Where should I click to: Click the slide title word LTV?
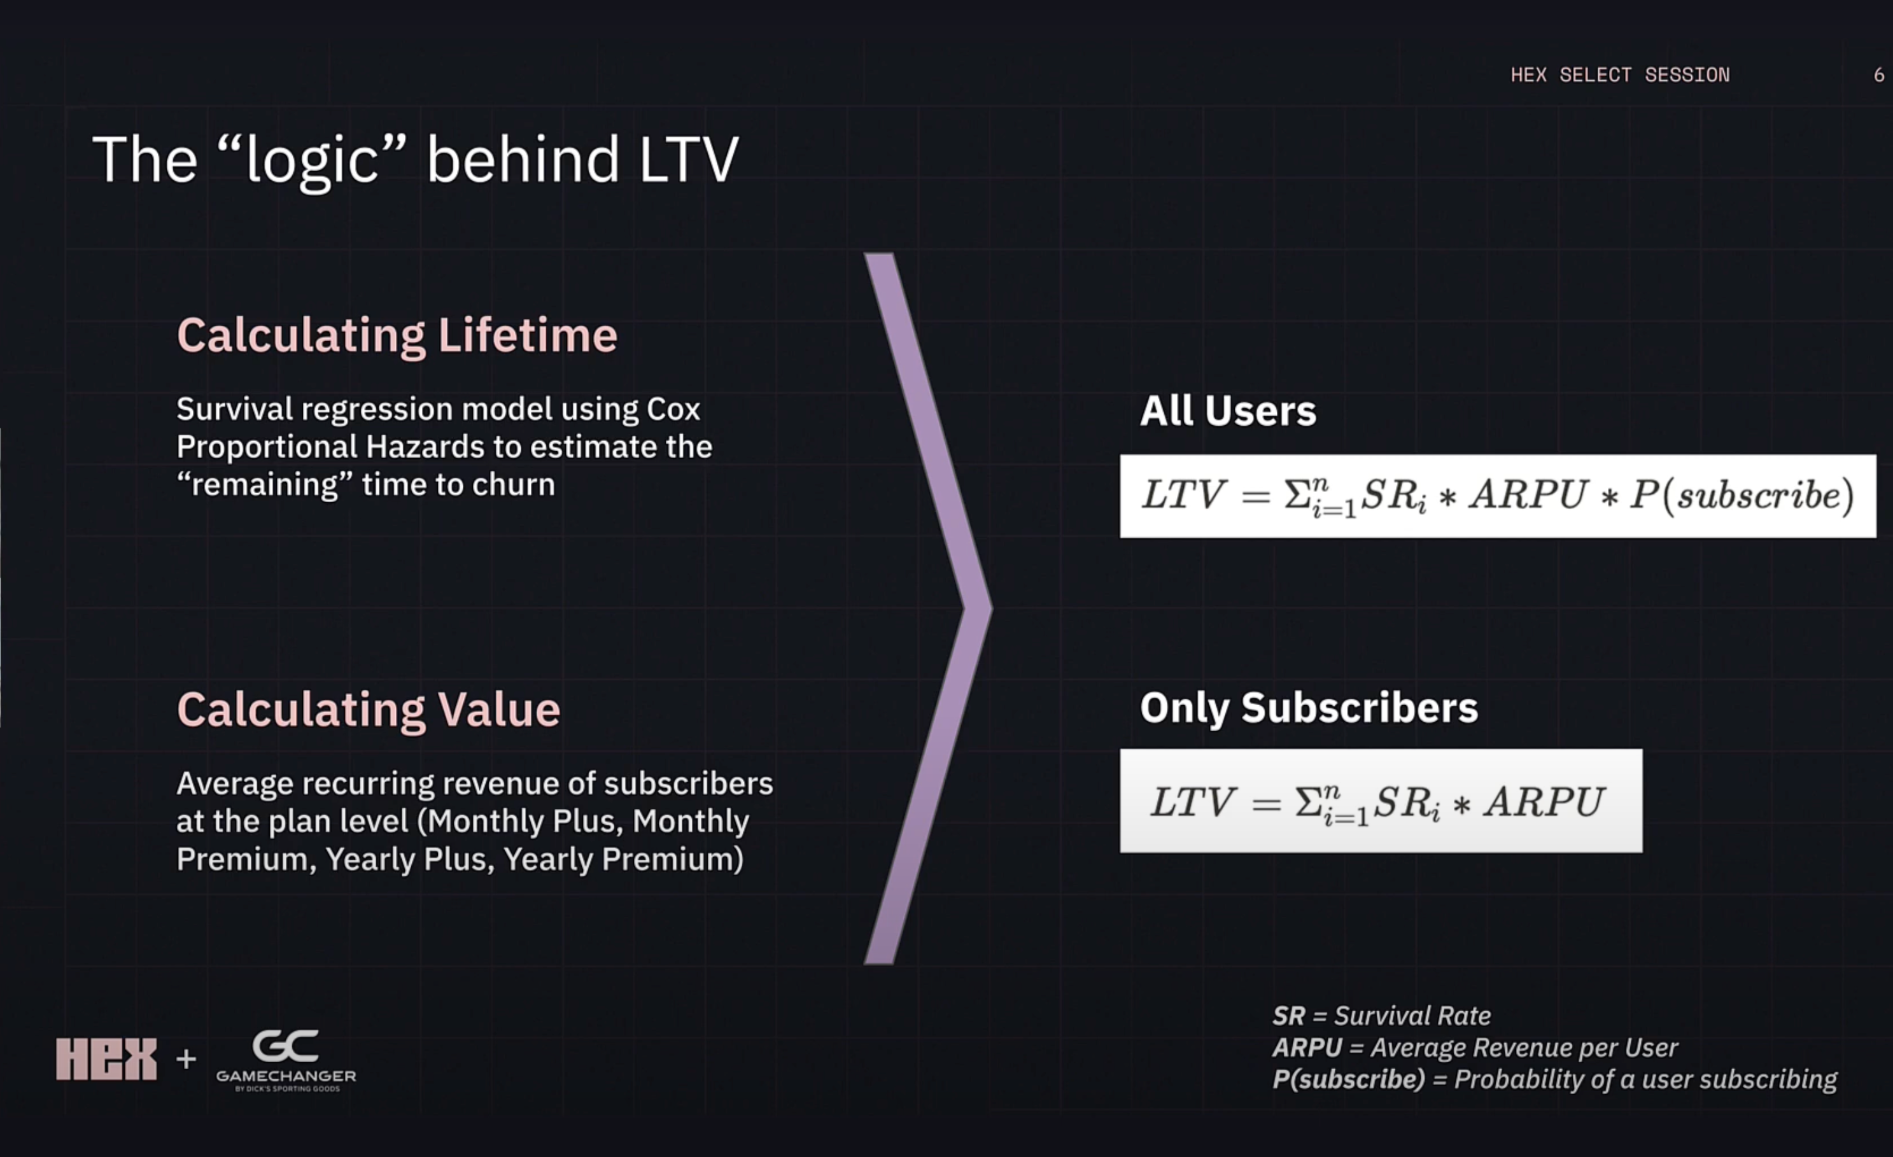click(687, 160)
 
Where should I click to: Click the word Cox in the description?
click(673, 409)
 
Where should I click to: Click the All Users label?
click(1227, 410)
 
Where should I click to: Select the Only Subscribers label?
click(1308, 707)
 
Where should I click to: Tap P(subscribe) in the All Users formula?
click(1740, 494)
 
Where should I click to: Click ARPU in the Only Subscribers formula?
click(1544, 801)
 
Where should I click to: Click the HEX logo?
click(106, 1058)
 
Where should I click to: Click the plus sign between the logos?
click(186, 1058)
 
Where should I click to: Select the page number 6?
click(1878, 74)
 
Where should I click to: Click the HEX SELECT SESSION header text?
click(1619, 74)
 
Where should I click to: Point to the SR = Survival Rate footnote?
click(1381, 1016)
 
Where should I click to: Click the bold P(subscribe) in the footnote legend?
click(1348, 1079)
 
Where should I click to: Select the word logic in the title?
click(311, 160)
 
